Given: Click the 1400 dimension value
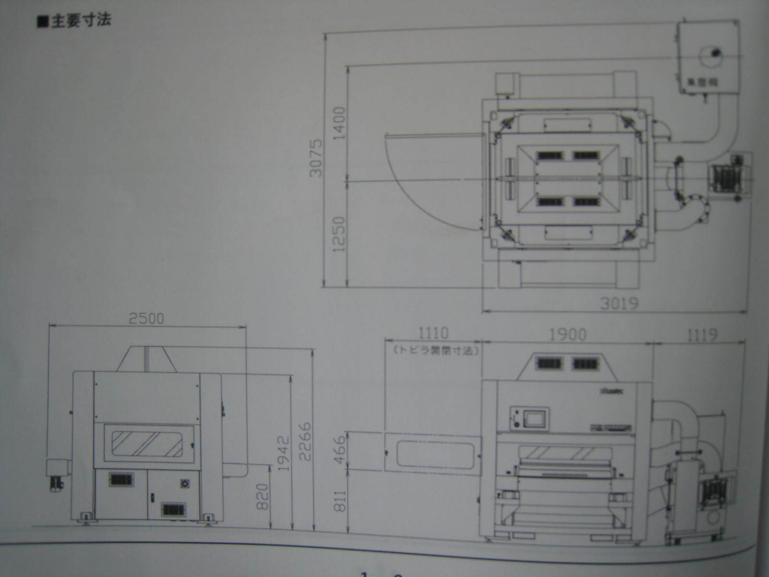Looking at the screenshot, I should coord(339,123).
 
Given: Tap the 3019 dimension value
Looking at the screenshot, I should coord(619,303).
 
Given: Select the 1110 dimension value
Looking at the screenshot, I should coord(434,333).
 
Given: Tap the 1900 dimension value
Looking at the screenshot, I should coord(568,334).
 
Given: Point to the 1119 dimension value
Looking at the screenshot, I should coord(702,334).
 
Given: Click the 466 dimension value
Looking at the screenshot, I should coord(339,450).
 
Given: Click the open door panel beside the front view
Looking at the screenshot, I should coord(433,451).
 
